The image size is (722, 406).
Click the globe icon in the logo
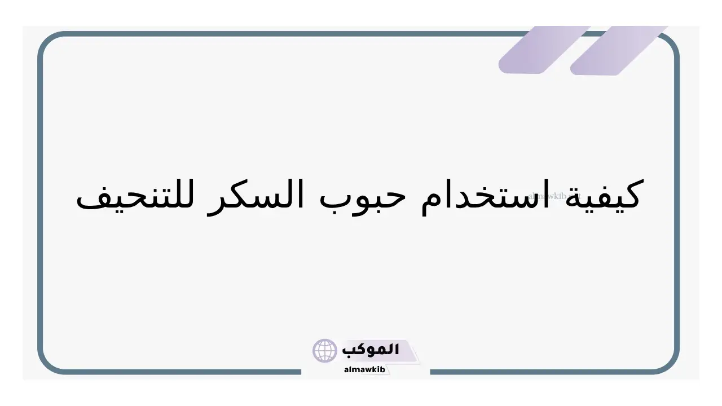tap(324, 351)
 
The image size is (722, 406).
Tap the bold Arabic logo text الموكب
tap(371, 350)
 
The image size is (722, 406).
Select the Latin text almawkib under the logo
tap(364, 369)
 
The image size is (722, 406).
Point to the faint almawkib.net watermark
tap(554, 196)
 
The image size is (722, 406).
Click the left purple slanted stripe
tap(545, 50)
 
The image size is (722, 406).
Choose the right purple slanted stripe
tap(619, 51)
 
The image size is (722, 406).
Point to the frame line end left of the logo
tap(301, 372)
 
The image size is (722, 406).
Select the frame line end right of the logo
tap(431, 372)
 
